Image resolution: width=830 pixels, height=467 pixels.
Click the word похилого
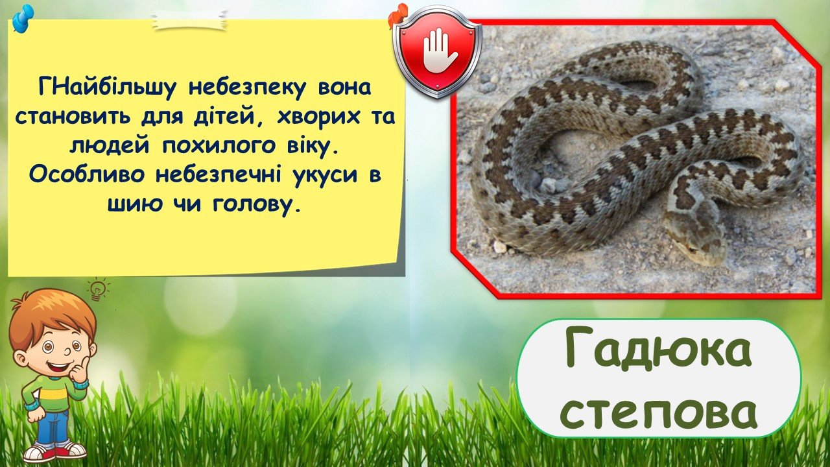point(219,146)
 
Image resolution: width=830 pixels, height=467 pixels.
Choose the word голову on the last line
point(255,204)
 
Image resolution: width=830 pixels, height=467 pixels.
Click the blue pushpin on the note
point(23,18)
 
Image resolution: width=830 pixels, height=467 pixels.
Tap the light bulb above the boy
point(98,289)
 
